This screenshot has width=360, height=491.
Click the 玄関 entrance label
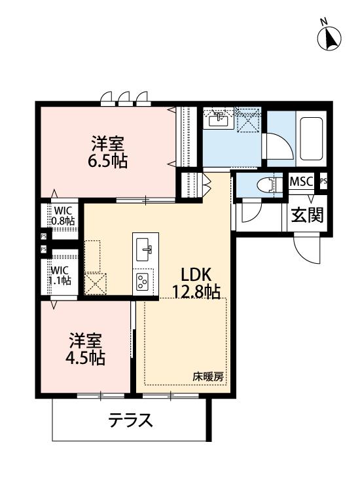tap(307, 215)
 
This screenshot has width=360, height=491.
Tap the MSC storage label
tap(302, 181)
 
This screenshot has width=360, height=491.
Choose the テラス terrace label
tap(131, 419)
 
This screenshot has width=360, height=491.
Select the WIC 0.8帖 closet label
tap(63, 215)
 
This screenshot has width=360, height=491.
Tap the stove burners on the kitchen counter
tap(143, 282)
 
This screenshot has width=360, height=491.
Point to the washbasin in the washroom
tap(218, 120)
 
